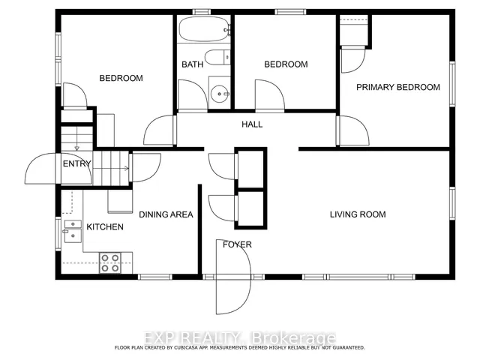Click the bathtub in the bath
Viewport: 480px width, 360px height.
click(204, 28)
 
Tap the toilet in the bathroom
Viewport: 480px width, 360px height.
click(217, 57)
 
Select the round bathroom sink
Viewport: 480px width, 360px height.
click(219, 94)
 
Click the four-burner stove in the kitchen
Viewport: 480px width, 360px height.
click(110, 263)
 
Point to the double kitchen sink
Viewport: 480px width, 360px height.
click(73, 231)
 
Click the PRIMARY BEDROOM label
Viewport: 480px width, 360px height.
click(398, 87)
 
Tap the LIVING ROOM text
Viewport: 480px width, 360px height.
click(358, 214)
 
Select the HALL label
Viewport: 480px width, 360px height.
click(252, 124)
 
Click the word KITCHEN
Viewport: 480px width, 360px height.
click(105, 226)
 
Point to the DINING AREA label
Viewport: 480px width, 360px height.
click(166, 214)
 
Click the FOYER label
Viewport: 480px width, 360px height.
click(237, 244)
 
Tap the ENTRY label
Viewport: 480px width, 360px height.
click(76, 163)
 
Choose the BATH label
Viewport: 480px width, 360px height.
click(192, 64)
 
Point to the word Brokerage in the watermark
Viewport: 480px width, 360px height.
click(293, 338)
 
